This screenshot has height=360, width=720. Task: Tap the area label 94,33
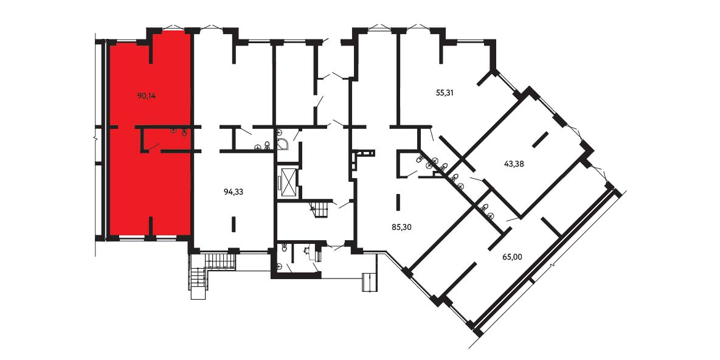coord(234,192)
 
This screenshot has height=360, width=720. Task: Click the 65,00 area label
coord(512,257)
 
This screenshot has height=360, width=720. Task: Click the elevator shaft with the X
coord(288,183)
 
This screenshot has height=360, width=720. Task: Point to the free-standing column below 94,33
coord(234,224)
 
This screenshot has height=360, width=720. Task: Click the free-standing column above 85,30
coord(398,202)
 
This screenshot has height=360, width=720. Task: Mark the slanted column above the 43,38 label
coord(540,140)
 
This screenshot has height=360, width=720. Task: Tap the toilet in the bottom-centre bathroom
coord(285,249)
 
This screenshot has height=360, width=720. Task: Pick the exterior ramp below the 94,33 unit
coord(220,260)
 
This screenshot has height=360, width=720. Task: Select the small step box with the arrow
coord(369,282)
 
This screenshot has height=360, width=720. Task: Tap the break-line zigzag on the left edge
coord(96,137)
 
